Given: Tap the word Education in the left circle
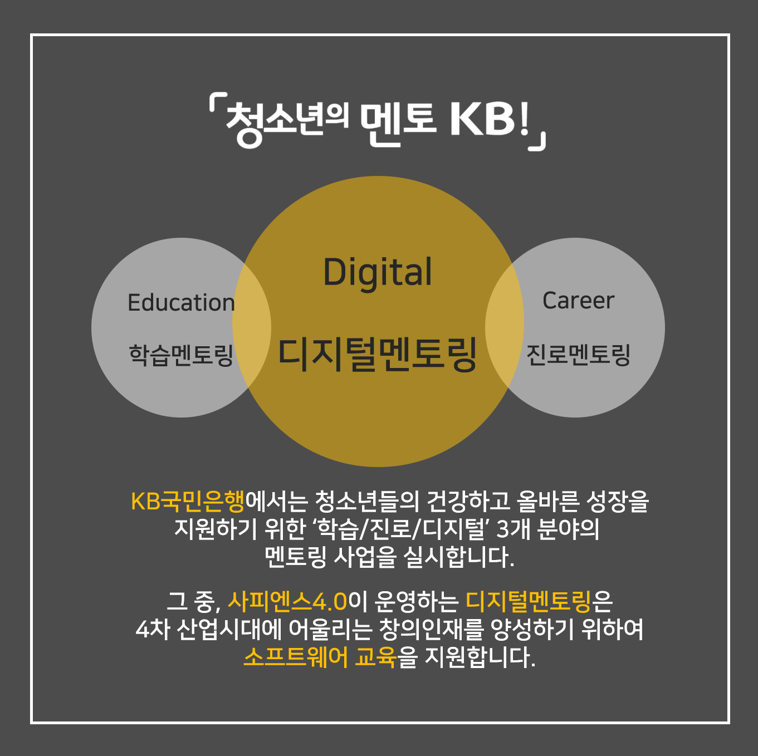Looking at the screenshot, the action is pyautogui.click(x=182, y=302).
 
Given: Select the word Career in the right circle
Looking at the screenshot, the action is pyautogui.click(x=578, y=301).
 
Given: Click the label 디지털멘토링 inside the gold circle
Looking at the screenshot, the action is pyautogui.click(x=378, y=355).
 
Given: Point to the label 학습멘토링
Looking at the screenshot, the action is pyautogui.click(x=182, y=355).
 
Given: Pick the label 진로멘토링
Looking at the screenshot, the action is pyautogui.click(x=578, y=355).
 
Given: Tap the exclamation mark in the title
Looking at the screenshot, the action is pyautogui.click(x=524, y=120).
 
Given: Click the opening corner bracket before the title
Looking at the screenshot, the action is pyautogui.click(x=218, y=103).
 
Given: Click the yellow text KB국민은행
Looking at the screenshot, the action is pyautogui.click(x=188, y=502).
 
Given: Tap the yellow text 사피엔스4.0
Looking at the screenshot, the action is pyautogui.click(x=287, y=601).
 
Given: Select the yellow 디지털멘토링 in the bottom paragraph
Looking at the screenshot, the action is pyautogui.click(x=529, y=601).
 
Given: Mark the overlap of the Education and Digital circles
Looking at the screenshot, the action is pyautogui.click(x=252, y=327).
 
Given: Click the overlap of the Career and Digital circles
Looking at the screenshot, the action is pyautogui.click(x=504, y=327).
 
